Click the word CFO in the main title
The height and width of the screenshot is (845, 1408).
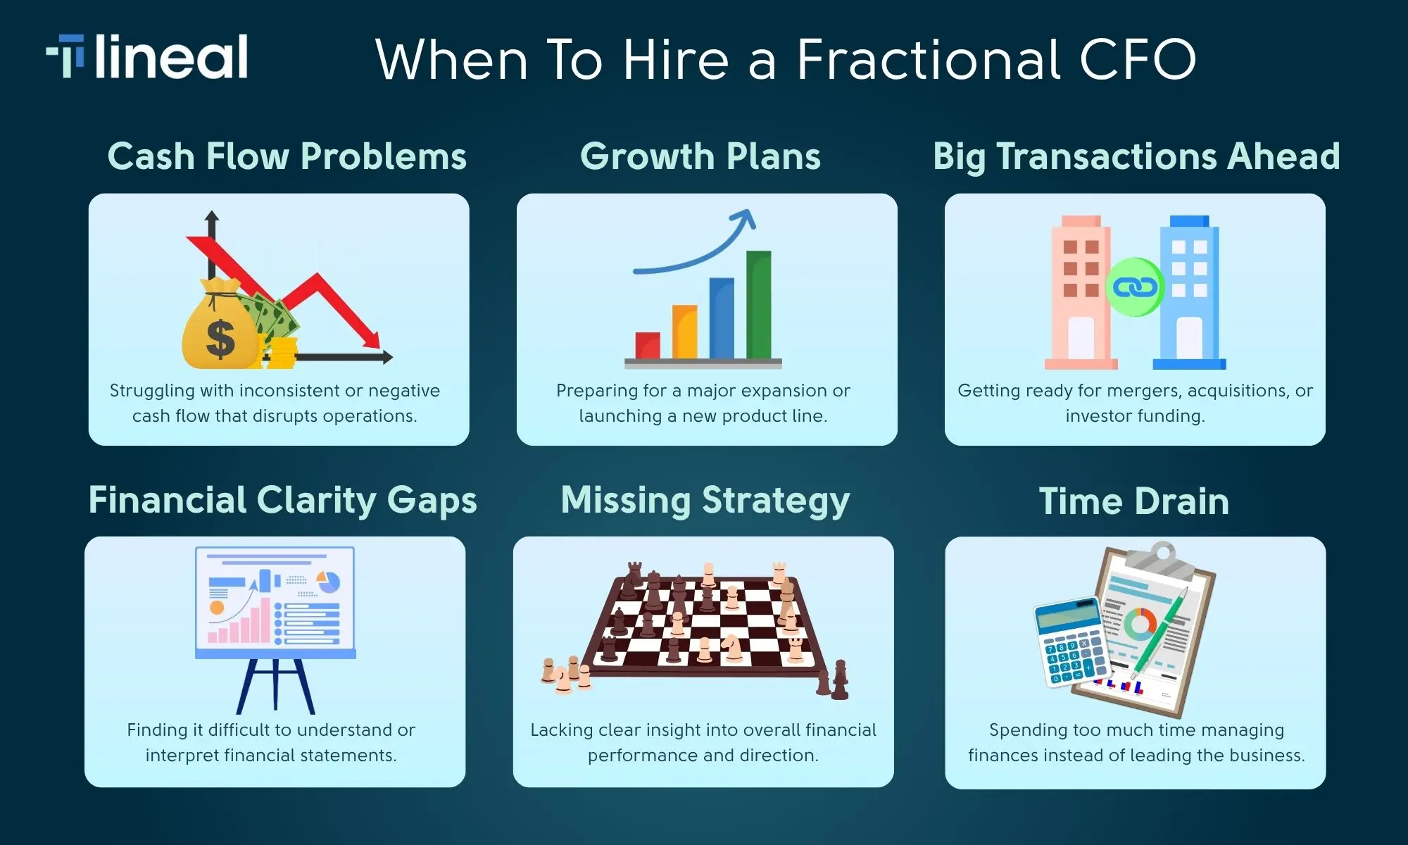[1138, 59]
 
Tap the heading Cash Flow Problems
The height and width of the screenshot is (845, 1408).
[287, 156]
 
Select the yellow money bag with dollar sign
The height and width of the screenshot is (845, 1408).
[220, 327]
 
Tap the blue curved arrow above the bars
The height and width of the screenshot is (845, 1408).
[697, 250]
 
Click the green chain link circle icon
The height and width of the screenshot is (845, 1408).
[1135, 287]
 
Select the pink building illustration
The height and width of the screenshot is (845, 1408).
[1081, 292]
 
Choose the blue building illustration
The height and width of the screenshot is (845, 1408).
[1190, 292]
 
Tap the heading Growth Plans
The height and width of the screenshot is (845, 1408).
[700, 156]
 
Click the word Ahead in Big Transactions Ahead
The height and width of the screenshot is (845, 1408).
[1283, 156]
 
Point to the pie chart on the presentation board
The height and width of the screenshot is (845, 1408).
[328, 582]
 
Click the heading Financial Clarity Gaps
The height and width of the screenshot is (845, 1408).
[282, 501]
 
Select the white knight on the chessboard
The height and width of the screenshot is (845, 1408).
[732, 648]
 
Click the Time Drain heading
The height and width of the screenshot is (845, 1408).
[1133, 501]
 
